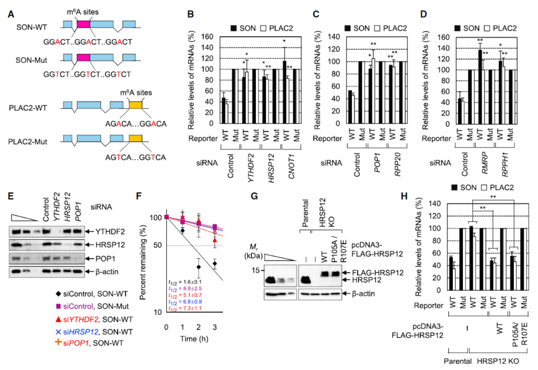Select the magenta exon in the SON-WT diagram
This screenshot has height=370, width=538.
[x=83, y=25]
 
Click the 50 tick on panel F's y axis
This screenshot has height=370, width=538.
[x=157, y=246]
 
